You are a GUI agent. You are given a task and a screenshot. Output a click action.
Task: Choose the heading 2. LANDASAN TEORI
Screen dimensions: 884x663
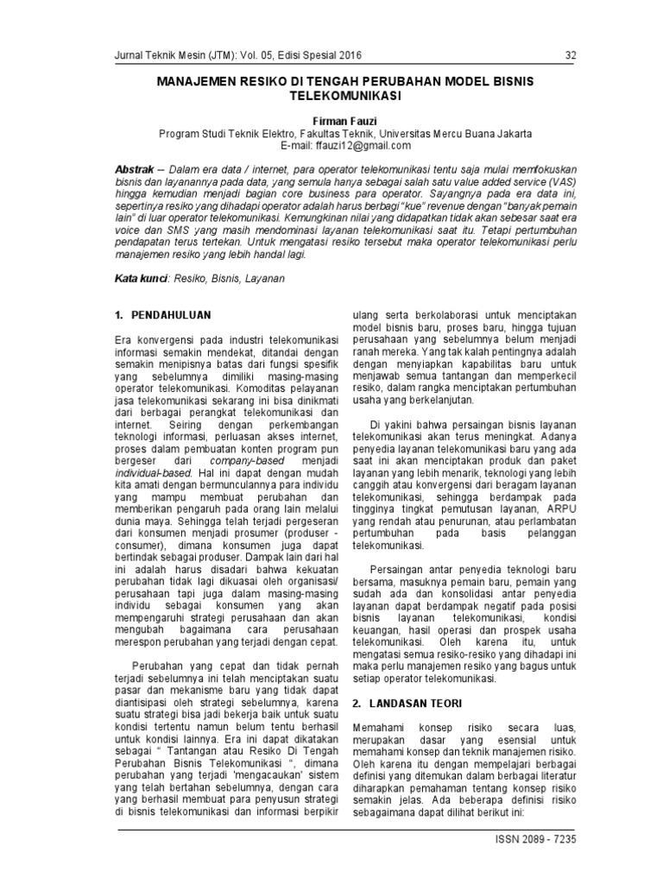click(x=406, y=705)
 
